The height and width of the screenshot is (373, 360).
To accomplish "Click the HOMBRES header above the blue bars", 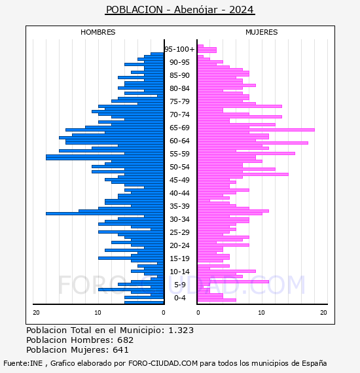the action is click(98, 32).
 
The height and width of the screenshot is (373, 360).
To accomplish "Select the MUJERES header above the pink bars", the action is click(262, 32).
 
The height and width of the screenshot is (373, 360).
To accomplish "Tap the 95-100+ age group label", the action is click(179, 49).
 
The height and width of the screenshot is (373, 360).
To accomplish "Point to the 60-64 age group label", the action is click(179, 141).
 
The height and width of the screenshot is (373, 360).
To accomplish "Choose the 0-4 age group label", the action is click(179, 298).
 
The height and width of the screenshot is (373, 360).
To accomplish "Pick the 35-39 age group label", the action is click(179, 206).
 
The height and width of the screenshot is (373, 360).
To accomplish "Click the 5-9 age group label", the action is click(179, 285).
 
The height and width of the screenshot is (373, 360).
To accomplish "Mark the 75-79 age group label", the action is click(179, 101).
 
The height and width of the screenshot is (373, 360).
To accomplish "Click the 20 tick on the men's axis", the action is click(36, 313).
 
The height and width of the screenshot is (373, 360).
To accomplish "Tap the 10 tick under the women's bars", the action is click(262, 313).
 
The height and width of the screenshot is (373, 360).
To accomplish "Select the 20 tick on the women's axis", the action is click(323, 313).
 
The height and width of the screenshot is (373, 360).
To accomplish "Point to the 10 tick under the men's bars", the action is click(98, 313).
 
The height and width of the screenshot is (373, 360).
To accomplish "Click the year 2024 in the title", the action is click(242, 10).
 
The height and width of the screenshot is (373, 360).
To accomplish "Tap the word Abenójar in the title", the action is click(196, 10).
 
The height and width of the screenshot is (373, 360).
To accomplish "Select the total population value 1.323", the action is click(181, 330).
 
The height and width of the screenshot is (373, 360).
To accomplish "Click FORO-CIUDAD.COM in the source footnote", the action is click(163, 363).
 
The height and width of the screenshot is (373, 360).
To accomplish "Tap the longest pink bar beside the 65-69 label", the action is click(256, 130).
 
